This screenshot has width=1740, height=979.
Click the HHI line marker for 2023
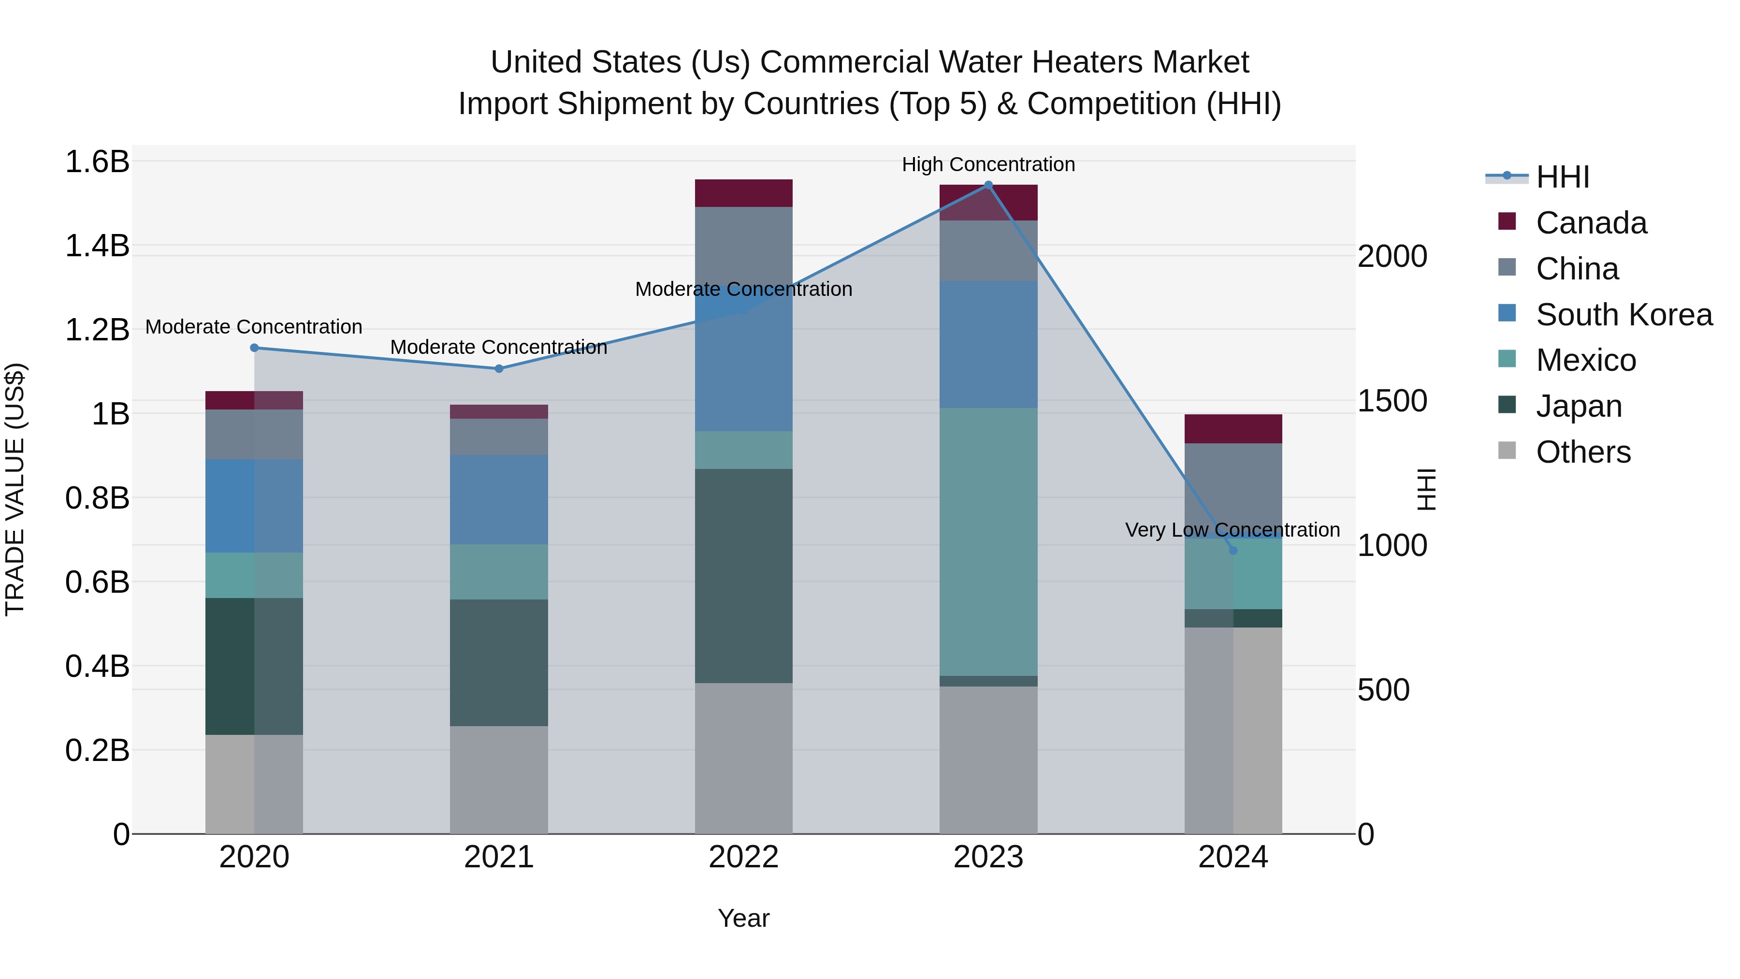(x=988, y=185)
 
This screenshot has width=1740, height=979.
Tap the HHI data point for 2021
(x=498, y=369)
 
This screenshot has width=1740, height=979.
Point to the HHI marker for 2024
(x=1233, y=551)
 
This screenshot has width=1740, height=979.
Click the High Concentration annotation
(x=988, y=164)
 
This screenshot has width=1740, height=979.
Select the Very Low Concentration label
(x=1232, y=530)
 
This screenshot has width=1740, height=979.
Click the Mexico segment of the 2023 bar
(x=988, y=541)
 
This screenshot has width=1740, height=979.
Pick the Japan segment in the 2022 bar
(x=744, y=576)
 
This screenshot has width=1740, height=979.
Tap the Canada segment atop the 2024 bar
(x=1233, y=429)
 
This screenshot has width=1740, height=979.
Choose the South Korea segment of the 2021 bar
(x=498, y=499)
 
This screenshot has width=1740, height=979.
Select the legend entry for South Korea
(x=1624, y=315)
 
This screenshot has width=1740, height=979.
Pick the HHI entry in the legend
(x=1562, y=177)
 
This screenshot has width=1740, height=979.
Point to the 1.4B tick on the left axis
(x=97, y=246)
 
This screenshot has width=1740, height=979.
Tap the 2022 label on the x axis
(x=744, y=857)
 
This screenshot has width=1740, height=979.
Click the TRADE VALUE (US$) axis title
(x=15, y=489)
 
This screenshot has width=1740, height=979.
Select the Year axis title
(x=744, y=918)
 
